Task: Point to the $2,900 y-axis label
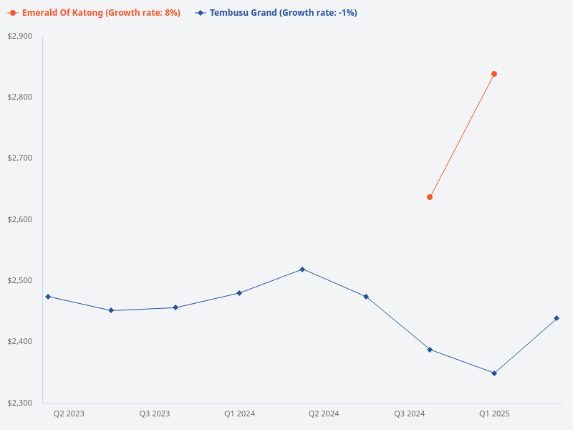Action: tap(19, 36)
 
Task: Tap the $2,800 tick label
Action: tap(19, 97)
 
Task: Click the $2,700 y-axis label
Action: tap(19, 158)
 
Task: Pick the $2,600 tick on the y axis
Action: tap(19, 219)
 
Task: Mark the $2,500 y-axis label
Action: tap(19, 280)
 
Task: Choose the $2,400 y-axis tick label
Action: tap(19, 341)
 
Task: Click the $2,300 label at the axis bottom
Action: tap(19, 403)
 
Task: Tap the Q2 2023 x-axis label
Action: tap(69, 414)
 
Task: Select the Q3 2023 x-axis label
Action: tap(154, 414)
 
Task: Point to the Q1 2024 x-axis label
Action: tap(239, 414)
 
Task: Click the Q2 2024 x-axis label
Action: tap(324, 414)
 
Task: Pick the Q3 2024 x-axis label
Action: tap(409, 414)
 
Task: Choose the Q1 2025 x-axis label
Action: tap(494, 414)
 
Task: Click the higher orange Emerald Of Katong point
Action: tap(494, 74)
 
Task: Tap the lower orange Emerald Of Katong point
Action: tap(430, 197)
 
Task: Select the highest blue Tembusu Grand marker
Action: tap(302, 269)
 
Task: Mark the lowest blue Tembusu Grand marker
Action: tap(494, 373)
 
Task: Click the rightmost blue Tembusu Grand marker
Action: tap(557, 318)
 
